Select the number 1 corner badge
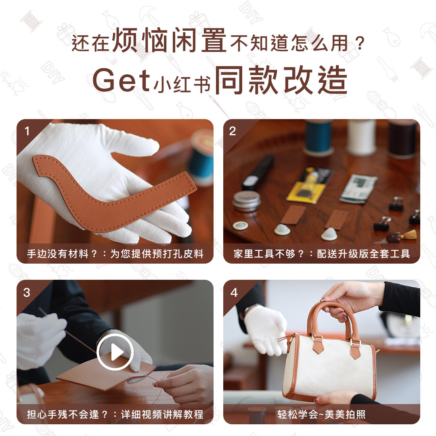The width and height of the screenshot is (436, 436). click(x=27, y=131)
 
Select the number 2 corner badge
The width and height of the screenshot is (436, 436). click(x=233, y=131)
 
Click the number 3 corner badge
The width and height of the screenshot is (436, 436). click(x=27, y=292)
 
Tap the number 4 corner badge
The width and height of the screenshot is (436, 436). click(x=234, y=292)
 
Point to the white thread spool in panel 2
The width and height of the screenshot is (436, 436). click(x=361, y=137)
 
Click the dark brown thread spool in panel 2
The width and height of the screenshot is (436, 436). click(x=402, y=139)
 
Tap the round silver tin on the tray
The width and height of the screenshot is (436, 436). click(x=246, y=200)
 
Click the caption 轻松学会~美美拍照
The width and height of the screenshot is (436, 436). click(x=321, y=415)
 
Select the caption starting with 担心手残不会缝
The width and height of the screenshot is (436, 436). click(x=115, y=415)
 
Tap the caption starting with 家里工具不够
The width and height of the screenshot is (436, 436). click(x=321, y=254)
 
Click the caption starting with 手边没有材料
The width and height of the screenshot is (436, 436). click(x=115, y=254)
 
